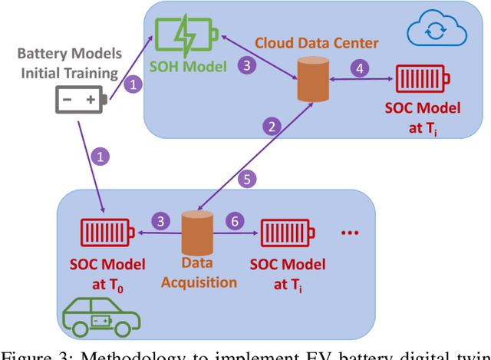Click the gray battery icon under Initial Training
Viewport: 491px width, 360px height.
[81, 100]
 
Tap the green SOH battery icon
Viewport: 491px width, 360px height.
[186, 35]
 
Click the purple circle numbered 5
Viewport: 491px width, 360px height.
[247, 180]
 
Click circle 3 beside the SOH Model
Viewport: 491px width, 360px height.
[246, 66]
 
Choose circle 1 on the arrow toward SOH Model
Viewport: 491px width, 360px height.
[133, 84]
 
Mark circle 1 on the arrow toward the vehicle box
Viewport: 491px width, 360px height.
[98, 157]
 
